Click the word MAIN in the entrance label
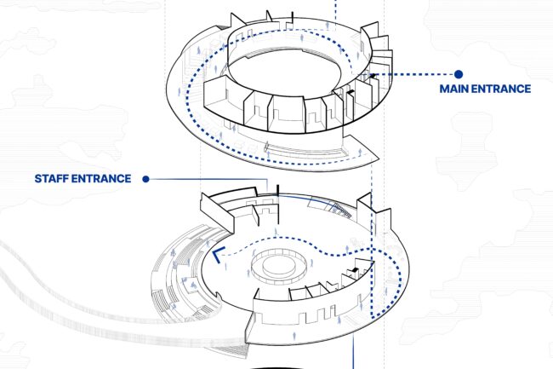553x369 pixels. click(456, 89)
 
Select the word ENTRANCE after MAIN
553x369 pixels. click(503, 89)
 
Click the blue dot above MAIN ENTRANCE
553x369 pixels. click(459, 75)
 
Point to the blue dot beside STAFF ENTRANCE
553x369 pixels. click(146, 179)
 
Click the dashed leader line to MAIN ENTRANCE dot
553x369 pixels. click(417, 75)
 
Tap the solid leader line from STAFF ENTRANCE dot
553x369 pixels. click(213, 179)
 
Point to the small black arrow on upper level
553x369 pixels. click(371, 78)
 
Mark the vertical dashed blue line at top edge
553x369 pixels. click(337, 10)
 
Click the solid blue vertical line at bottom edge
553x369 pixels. click(353, 354)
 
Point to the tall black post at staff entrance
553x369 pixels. click(276, 189)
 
